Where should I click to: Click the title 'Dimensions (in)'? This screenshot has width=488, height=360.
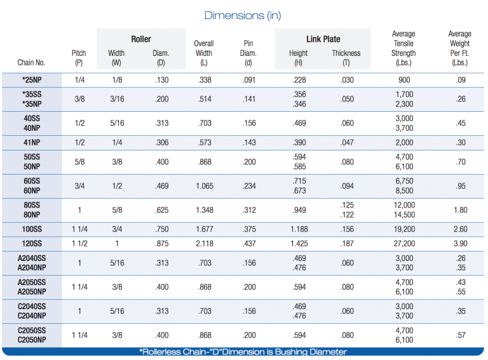point(243,15)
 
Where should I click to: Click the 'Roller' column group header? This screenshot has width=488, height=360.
point(141,39)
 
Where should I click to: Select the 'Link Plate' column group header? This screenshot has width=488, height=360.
point(323,39)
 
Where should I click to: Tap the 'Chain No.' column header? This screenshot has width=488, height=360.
point(31,63)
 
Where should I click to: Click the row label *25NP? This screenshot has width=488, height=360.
point(31,79)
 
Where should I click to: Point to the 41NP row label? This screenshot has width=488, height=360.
point(31,143)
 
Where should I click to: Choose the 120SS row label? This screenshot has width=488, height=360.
point(31,244)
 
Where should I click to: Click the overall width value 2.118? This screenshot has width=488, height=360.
point(203,244)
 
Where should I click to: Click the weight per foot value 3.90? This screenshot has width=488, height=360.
point(459,244)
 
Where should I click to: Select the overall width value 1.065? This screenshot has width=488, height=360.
point(203,186)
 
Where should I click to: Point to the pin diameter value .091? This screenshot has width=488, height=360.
point(248,79)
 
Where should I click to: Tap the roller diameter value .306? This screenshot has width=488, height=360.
point(161,143)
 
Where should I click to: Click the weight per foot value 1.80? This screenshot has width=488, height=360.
point(459,210)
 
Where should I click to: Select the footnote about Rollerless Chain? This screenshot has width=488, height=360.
point(243,352)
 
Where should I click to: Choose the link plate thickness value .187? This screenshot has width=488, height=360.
point(346,244)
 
